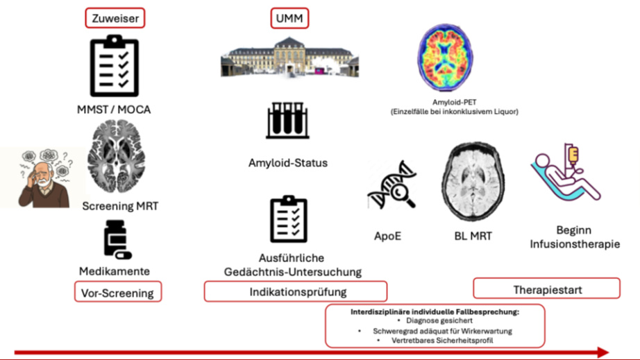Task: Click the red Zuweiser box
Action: click(x=115, y=18)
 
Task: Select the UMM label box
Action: click(x=289, y=18)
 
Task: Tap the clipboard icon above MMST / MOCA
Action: click(x=115, y=66)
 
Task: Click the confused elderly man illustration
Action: click(x=44, y=178)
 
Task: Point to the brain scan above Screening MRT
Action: click(x=117, y=156)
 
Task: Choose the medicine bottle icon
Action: click(x=117, y=240)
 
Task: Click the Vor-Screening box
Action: click(x=117, y=292)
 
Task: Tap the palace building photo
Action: click(x=289, y=57)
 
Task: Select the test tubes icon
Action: click(x=288, y=120)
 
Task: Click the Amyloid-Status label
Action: click(x=288, y=163)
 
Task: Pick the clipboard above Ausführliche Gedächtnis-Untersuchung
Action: click(x=289, y=219)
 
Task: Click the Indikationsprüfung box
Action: click(x=296, y=291)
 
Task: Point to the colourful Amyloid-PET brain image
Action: click(x=446, y=57)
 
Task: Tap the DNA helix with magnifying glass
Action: click(x=391, y=185)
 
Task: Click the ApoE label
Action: click(x=387, y=236)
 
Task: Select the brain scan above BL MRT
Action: click(x=473, y=182)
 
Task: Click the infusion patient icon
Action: click(x=566, y=173)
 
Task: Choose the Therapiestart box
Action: click(x=546, y=289)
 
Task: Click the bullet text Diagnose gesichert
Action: click(x=439, y=321)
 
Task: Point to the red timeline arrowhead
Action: click(x=603, y=352)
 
